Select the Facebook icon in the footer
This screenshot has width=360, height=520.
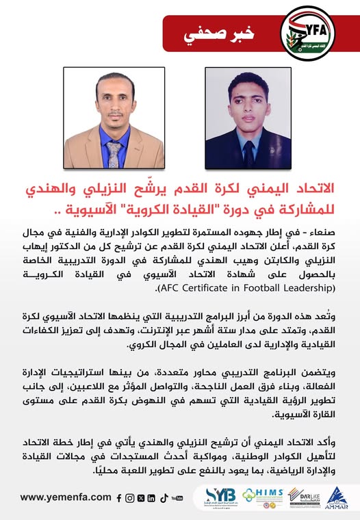[119, 498]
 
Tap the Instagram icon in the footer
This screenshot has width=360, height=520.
[129, 498]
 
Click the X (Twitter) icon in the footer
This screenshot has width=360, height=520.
[140, 498]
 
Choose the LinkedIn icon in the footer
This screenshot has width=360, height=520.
[151, 498]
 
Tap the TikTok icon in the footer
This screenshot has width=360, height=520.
[162, 498]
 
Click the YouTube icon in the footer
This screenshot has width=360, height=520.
[177, 498]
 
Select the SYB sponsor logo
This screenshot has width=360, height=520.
[221, 495]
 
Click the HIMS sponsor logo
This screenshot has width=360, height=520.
[263, 495]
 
